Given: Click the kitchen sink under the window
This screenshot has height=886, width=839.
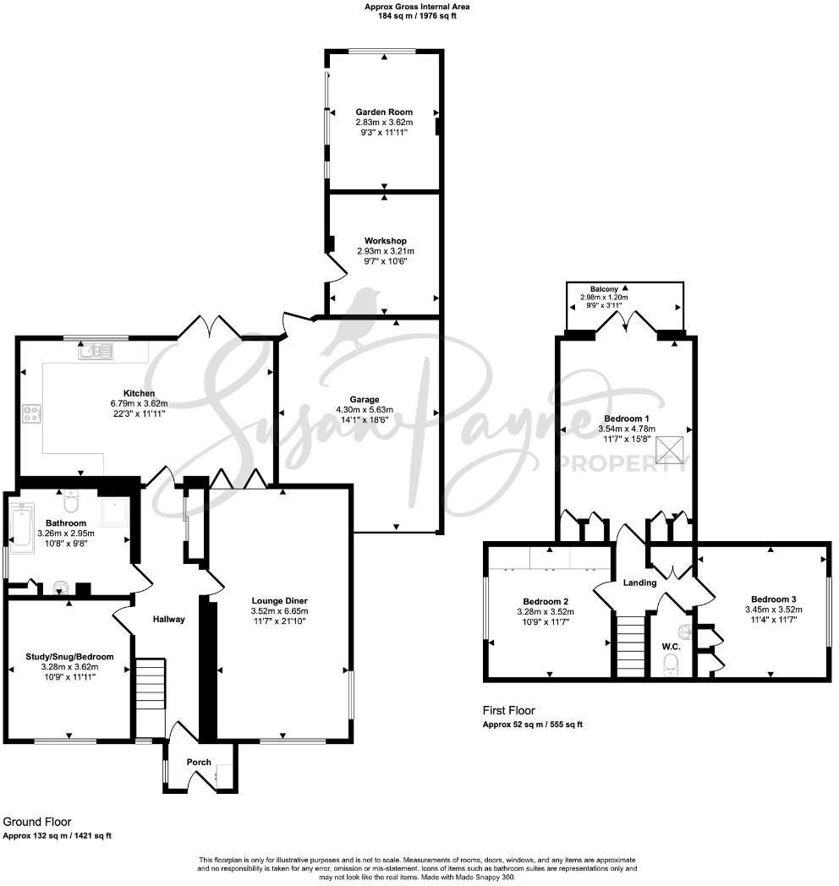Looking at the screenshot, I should (95, 350).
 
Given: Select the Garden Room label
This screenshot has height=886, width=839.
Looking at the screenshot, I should (383, 112).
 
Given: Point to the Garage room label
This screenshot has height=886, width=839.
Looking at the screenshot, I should (366, 400).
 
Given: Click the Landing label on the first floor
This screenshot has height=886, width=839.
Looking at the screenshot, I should (640, 582).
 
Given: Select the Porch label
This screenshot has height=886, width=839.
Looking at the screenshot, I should (199, 762).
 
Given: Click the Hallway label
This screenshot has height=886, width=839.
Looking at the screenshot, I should (168, 620).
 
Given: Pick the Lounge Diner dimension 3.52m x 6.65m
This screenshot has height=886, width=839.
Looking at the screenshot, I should (280, 611).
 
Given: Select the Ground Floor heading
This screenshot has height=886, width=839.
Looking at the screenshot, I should (37, 821).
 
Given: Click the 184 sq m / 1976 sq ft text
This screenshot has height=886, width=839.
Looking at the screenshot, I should (416, 15).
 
